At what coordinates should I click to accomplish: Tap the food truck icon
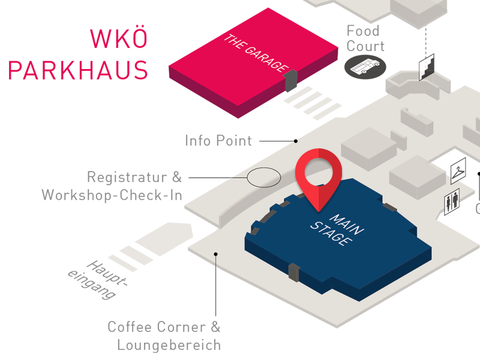365,67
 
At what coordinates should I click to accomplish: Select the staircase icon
427,67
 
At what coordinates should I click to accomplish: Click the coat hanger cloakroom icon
458,170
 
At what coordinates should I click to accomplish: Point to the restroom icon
452,202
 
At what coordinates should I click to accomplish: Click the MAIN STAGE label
337,230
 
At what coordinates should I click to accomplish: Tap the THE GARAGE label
256,53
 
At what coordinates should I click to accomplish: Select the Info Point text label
218,141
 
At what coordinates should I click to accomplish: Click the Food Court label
365,38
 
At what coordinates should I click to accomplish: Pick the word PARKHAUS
78,70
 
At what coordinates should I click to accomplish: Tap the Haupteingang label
97,280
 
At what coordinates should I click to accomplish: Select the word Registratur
127,177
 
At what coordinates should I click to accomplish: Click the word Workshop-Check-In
112,195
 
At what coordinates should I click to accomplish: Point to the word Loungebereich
169,345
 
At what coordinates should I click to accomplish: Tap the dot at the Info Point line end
296,141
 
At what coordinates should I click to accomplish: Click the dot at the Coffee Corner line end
216,254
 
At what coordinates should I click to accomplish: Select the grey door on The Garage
290,80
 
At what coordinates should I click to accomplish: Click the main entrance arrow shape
164,239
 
